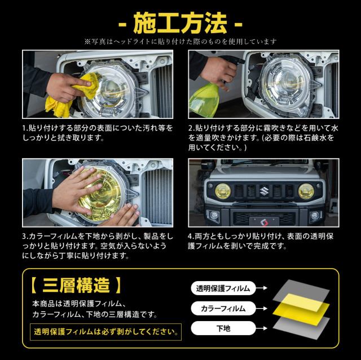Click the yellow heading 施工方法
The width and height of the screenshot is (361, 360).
coord(180,23)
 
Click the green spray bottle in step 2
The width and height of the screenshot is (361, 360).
coord(204,100)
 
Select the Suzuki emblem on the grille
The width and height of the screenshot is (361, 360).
coord(265,191)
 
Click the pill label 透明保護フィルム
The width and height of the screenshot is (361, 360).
coord(223,288)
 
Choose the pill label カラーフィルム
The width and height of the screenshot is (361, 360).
coord(223,308)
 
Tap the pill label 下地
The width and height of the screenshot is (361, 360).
coord(223,328)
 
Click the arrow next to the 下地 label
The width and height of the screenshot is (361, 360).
coord(262,328)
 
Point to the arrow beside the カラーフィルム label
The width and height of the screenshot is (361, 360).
coord(262,308)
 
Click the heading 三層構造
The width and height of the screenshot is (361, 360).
coord(76,286)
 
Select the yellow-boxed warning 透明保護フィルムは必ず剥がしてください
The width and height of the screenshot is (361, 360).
coord(105,332)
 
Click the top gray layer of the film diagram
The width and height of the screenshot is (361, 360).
coord(301,291)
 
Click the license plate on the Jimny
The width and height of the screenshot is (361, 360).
coord(265,222)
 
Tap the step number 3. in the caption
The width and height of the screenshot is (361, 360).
coord(25,236)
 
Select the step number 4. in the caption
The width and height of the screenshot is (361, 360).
coord(191,236)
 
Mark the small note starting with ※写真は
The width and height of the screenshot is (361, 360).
coord(180,42)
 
